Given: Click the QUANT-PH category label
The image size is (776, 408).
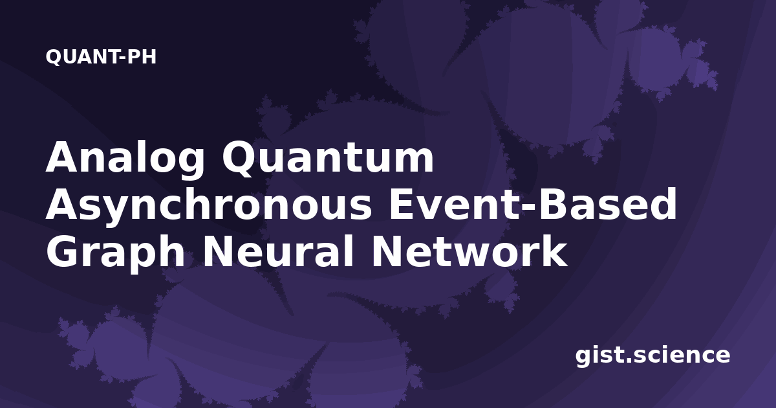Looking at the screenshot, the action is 101,57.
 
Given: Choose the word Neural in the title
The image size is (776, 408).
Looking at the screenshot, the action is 278,251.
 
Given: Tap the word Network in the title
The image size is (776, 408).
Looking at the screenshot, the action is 469,251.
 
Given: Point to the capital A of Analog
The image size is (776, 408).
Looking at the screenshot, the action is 65,157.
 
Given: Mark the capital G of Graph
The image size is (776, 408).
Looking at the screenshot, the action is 64,251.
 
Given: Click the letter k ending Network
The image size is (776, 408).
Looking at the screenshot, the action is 554,250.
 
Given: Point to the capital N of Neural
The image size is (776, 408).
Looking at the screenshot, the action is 219,251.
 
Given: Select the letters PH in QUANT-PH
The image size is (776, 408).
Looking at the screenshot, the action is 142,57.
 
